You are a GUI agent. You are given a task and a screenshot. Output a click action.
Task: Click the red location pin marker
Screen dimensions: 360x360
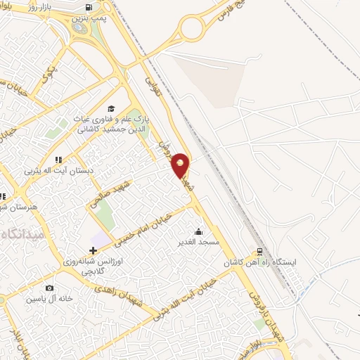click(x=181, y=165)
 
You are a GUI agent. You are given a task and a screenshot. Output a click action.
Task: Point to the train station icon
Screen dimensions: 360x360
click(x=260, y=251)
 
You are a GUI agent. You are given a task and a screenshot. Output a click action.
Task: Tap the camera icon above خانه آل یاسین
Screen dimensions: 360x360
click(x=49, y=288)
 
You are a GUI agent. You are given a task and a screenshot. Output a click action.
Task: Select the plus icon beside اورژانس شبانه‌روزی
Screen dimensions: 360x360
click(x=93, y=250)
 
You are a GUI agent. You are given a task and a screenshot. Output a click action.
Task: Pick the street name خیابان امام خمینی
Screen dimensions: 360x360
click(x=148, y=220)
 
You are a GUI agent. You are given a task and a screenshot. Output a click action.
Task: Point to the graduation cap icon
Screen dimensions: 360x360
click(x=110, y=108)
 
